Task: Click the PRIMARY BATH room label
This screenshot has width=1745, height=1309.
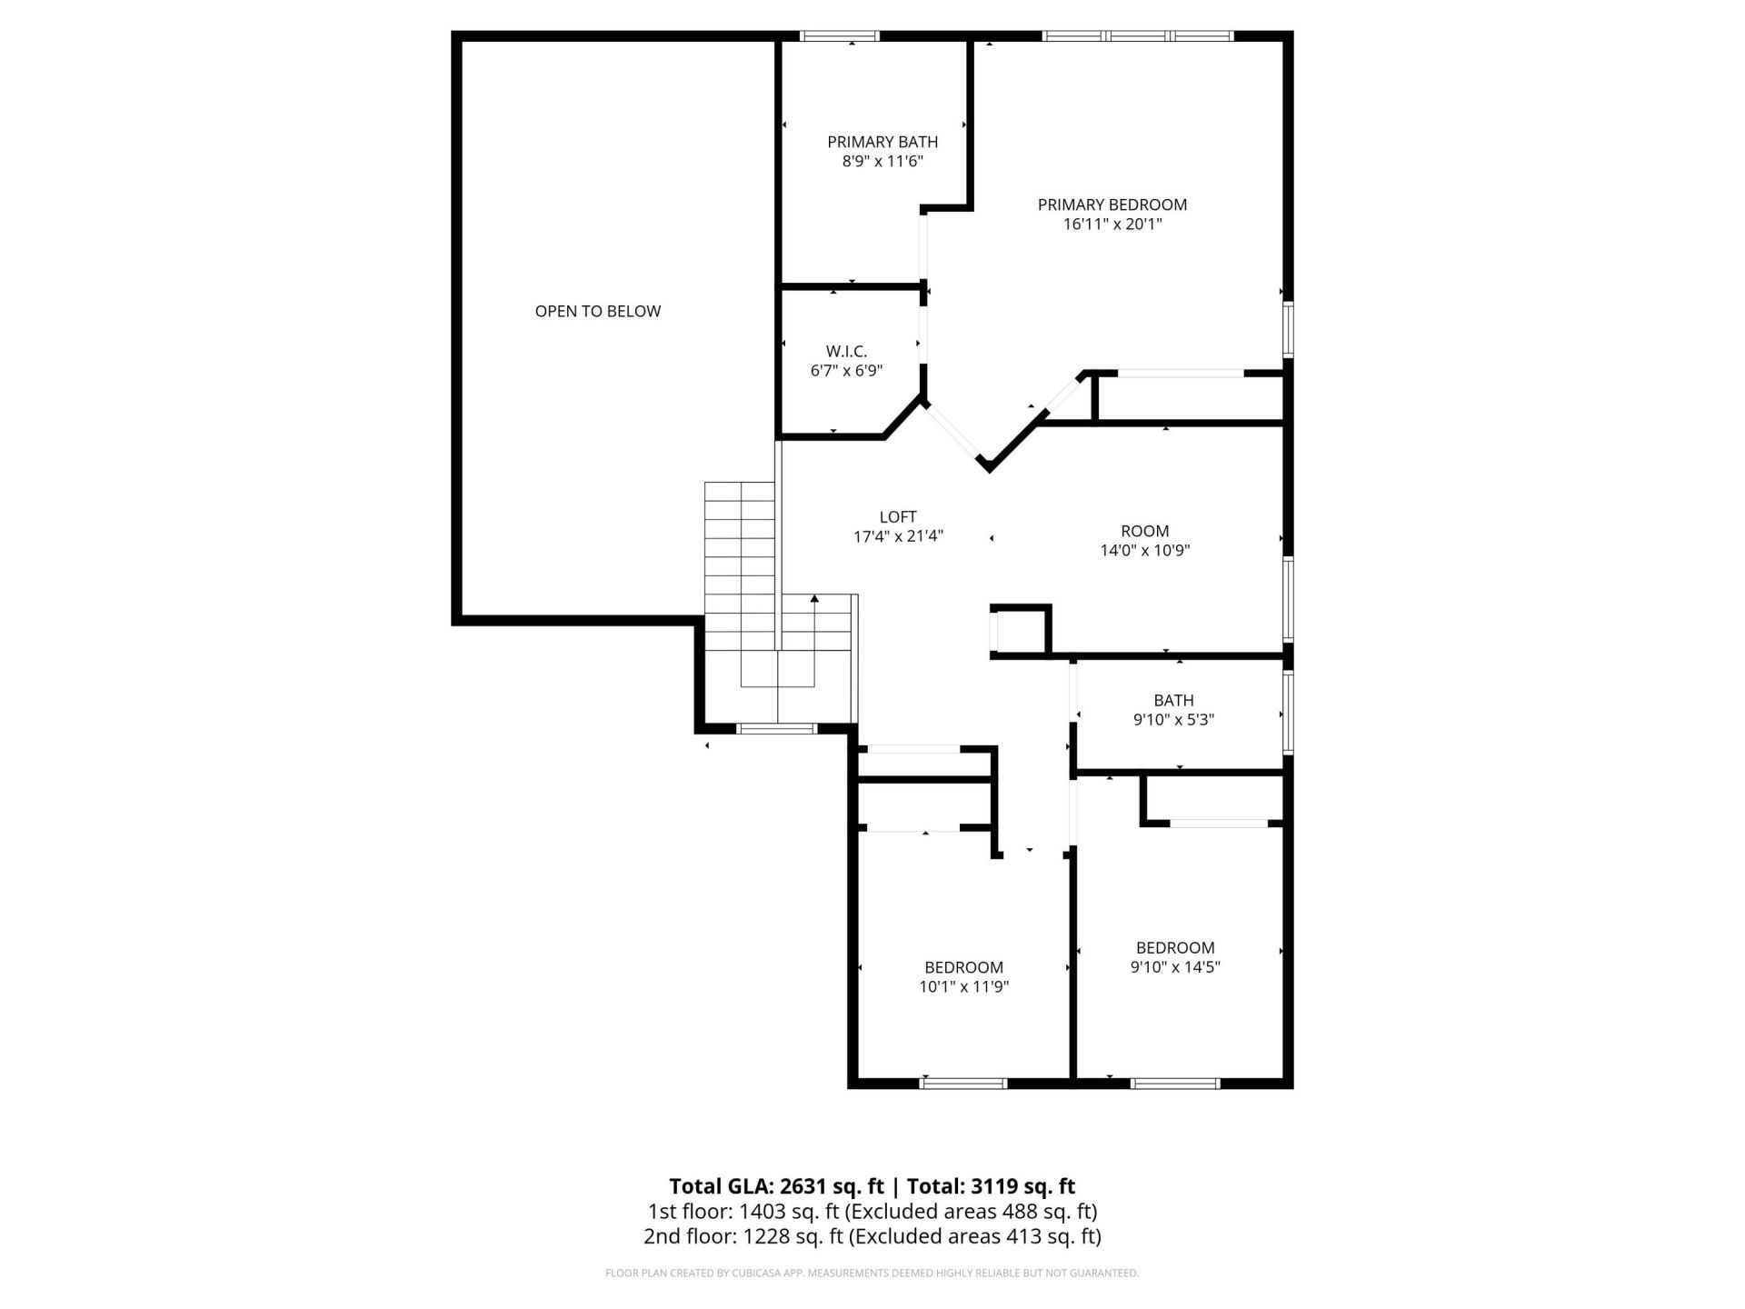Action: coord(882,142)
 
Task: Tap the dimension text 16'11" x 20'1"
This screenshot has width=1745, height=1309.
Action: coord(1112,225)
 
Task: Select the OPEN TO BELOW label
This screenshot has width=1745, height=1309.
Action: coord(597,311)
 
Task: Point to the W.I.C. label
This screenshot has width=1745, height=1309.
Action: coord(846,351)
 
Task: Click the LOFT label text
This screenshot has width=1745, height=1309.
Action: coord(897,516)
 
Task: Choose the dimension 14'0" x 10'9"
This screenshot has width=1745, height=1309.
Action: coord(1144,550)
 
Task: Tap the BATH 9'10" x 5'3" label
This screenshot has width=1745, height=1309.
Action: coord(1173,710)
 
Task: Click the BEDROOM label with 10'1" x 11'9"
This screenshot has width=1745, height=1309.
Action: coord(963,967)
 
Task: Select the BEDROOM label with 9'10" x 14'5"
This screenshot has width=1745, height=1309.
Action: coord(1174,947)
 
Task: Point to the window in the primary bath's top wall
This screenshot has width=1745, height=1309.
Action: coord(839,36)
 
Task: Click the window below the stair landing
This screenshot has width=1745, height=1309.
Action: coord(775,728)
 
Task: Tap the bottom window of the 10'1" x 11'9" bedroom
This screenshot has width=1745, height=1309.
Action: coord(963,1083)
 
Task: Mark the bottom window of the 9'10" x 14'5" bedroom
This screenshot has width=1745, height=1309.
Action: coord(1175,1083)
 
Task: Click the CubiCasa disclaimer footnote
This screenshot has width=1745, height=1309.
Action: coord(872,1274)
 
